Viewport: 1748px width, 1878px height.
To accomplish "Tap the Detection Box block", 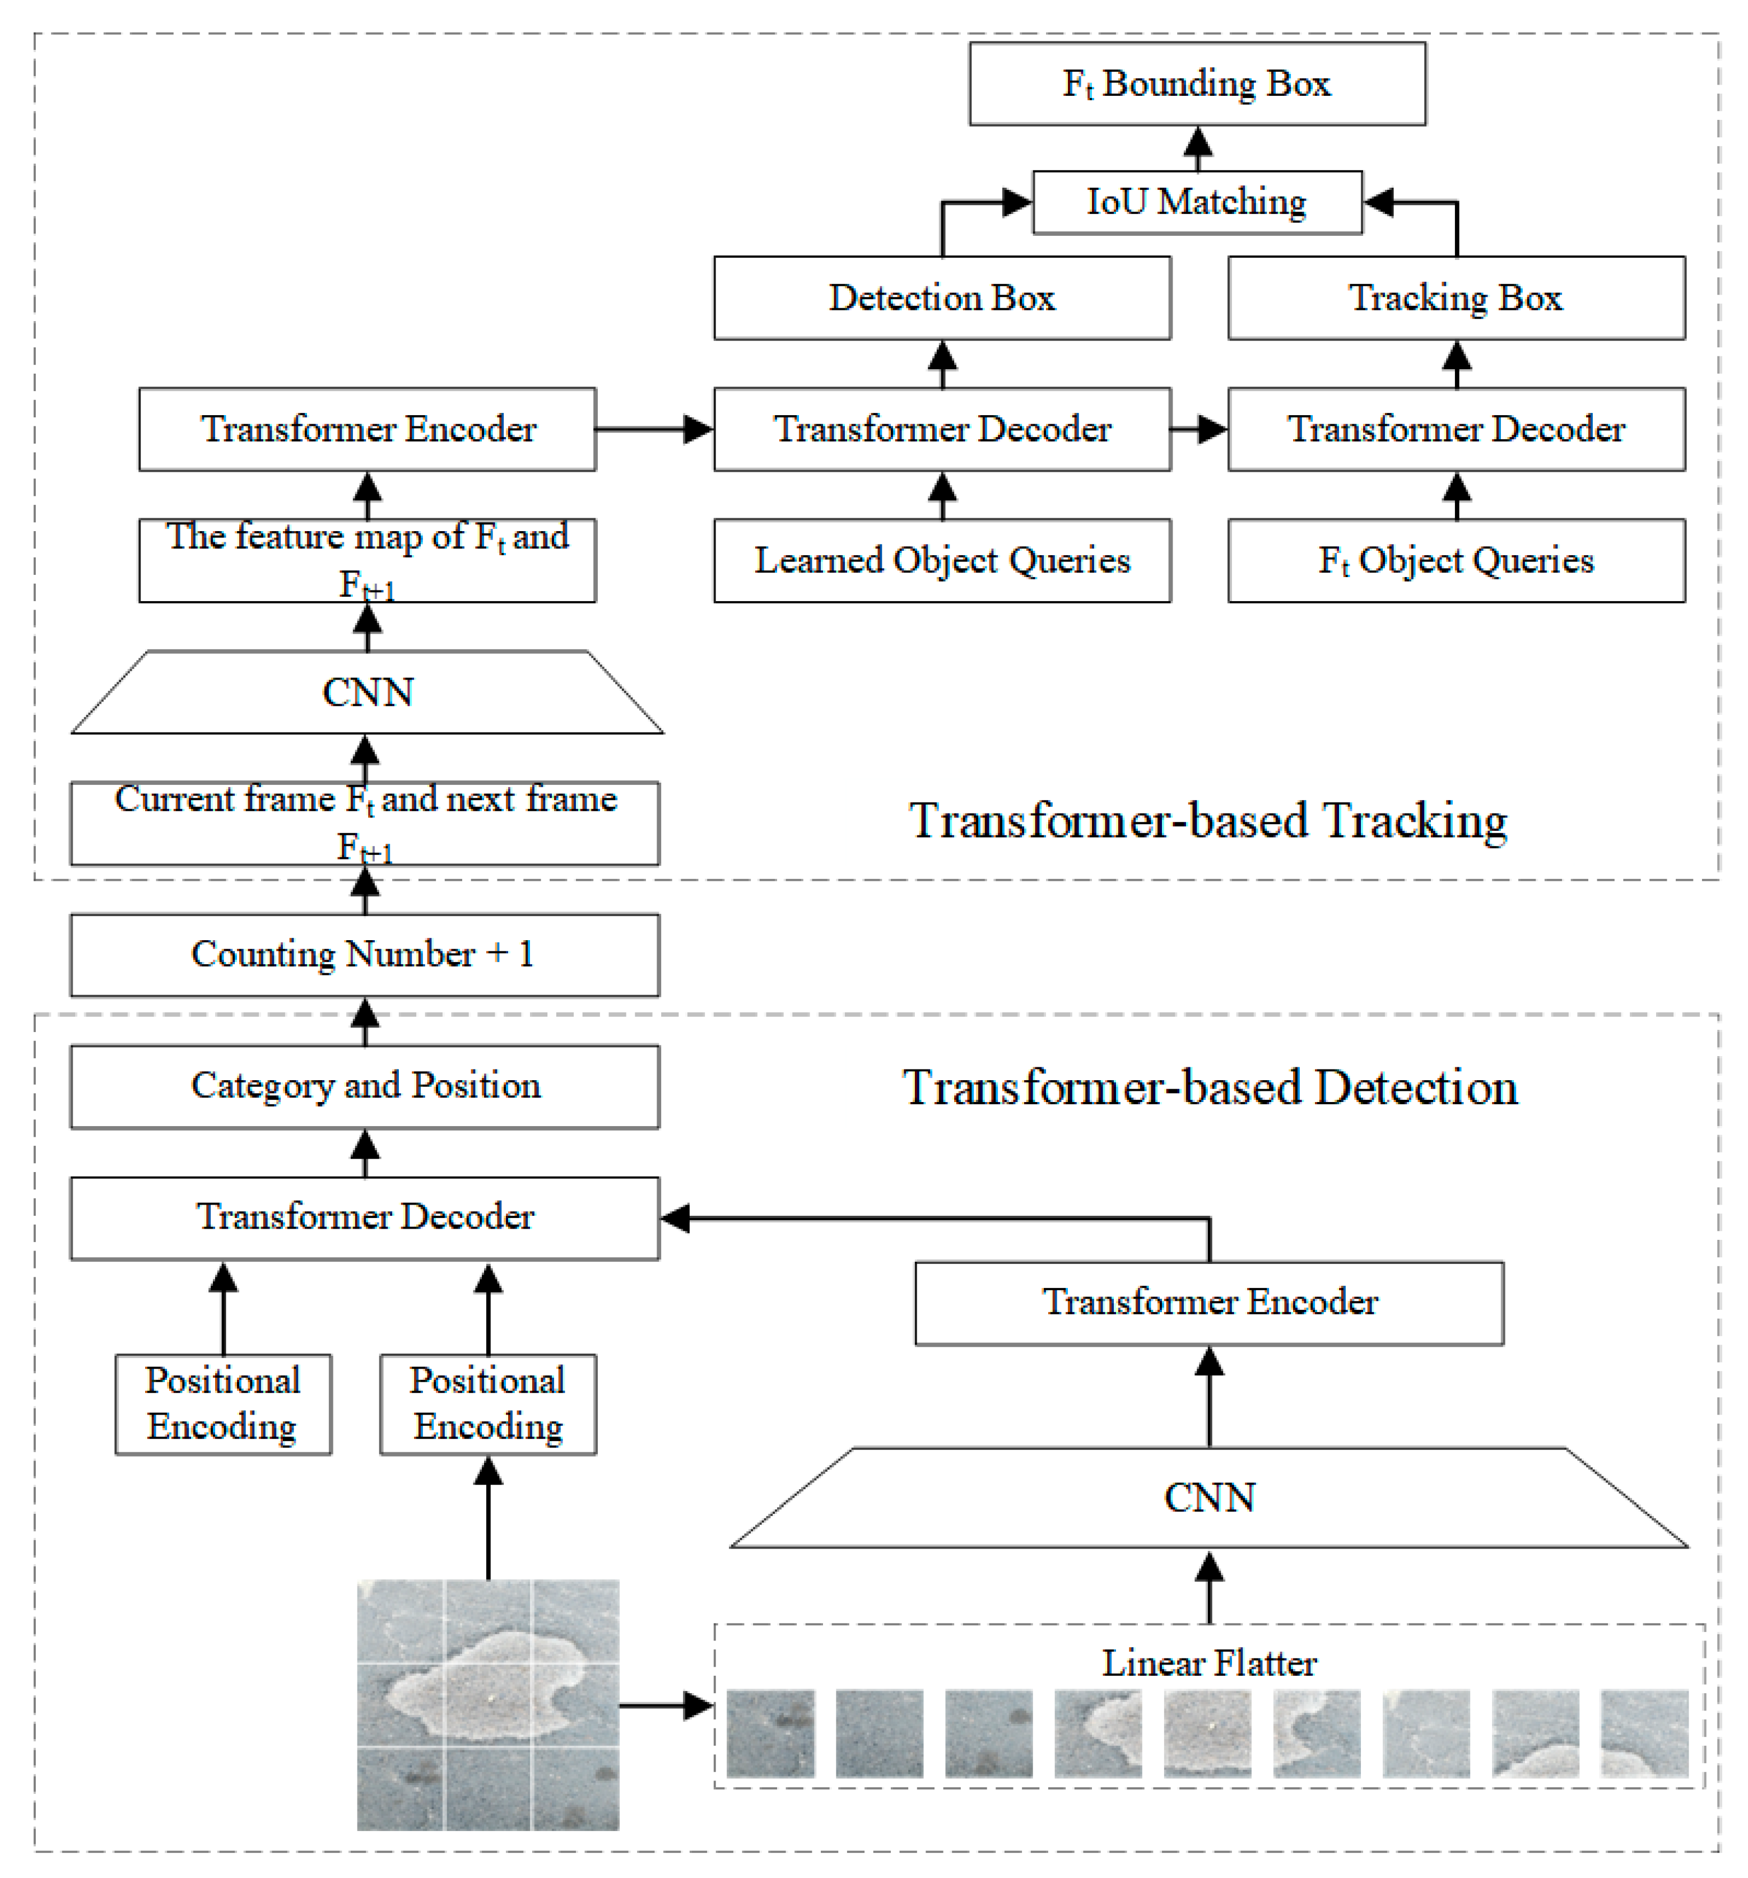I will tap(941, 297).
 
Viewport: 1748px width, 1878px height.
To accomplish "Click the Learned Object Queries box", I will tap(941, 560).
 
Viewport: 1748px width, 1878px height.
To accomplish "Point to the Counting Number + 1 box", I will tap(365, 954).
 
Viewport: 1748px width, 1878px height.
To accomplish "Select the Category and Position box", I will tap(365, 1085).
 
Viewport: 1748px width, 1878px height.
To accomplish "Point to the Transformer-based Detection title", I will tap(1210, 1087).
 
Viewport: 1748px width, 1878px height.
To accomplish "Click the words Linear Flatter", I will tap(1208, 1663).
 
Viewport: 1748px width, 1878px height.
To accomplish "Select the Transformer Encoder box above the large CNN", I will tap(1208, 1301).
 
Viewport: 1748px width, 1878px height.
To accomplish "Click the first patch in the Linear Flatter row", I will tap(770, 1733).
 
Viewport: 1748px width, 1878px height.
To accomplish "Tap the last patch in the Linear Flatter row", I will tap(1643, 1733).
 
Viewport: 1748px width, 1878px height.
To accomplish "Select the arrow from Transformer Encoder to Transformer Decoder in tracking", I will tap(654, 430).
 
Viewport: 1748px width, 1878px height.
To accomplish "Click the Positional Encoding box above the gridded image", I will tap(487, 1404).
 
